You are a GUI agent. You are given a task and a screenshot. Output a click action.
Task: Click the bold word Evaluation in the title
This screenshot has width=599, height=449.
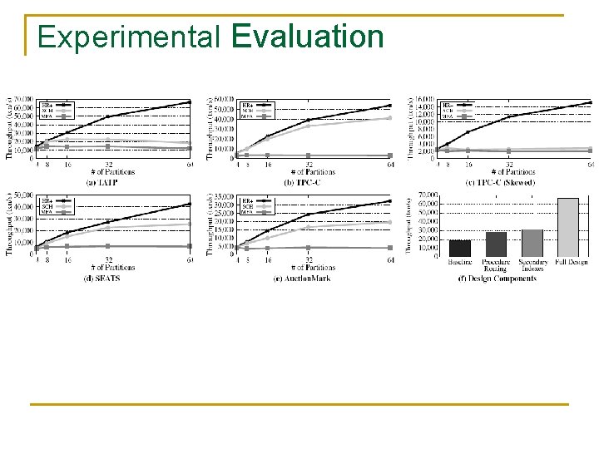pos(308,37)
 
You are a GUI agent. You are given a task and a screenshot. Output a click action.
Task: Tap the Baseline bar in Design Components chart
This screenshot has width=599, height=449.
pos(460,248)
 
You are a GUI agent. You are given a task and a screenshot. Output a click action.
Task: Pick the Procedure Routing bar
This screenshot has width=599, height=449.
pos(496,244)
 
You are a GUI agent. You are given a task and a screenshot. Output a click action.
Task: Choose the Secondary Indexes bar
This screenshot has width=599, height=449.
pos(532,243)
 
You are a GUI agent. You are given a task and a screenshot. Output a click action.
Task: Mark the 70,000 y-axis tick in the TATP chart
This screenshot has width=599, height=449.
pos(23,99)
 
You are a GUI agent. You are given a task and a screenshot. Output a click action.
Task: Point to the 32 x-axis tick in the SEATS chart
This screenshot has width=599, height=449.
pos(109,259)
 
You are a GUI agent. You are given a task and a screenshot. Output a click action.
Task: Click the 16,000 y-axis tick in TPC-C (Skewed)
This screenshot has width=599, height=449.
pos(423,99)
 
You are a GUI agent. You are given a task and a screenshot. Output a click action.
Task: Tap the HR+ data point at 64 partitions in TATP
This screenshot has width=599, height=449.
pos(190,102)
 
